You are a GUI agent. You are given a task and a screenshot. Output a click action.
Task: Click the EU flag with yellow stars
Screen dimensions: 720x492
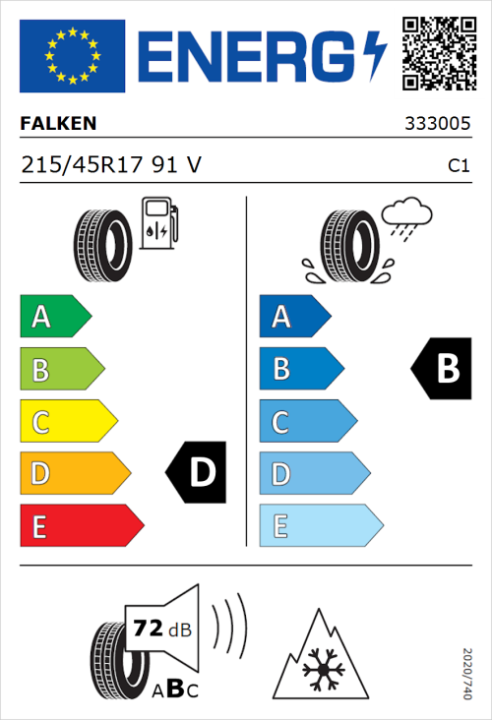(x=72, y=55)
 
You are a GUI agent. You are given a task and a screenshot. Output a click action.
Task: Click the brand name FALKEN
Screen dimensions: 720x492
(x=58, y=124)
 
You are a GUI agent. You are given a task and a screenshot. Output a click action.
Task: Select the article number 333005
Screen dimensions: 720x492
(x=437, y=125)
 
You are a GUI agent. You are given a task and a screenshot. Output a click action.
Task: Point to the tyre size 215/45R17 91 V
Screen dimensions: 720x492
(x=111, y=165)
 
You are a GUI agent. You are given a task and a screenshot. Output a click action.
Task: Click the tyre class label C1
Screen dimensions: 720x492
(x=458, y=166)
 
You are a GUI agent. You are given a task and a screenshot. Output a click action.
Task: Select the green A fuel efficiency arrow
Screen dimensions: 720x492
(x=55, y=317)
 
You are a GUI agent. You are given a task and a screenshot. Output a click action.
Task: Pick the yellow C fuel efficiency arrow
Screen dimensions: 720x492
(x=67, y=421)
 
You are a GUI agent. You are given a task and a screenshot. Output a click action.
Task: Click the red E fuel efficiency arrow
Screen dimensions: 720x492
(x=81, y=525)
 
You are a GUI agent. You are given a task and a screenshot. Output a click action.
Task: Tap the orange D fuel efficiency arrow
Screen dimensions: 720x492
(x=74, y=473)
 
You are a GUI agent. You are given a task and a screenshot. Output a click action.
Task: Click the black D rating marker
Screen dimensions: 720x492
(x=197, y=473)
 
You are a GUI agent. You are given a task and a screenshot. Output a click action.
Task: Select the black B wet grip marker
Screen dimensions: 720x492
(x=441, y=369)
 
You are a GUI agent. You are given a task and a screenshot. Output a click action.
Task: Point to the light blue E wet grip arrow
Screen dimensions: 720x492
(x=320, y=525)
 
